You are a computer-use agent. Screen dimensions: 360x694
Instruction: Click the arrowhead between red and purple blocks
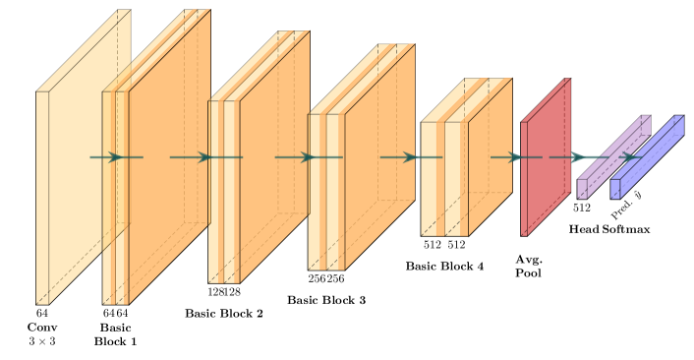[578, 157]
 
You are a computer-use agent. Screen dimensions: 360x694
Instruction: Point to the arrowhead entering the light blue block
[630, 157]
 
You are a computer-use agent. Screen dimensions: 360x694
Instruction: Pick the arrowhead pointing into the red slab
[515, 157]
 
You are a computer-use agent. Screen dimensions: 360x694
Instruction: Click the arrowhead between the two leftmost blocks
[116, 157]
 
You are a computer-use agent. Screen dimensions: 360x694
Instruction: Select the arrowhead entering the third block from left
[204, 157]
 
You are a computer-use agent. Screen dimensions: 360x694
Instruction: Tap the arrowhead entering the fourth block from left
[308, 157]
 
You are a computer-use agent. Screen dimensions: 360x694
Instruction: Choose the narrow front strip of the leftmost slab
[42, 197]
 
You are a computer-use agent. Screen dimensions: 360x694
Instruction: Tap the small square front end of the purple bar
[582, 189]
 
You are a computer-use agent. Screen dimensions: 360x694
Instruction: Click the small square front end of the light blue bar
[615, 189]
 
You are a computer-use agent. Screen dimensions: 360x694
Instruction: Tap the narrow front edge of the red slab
[524, 178]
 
